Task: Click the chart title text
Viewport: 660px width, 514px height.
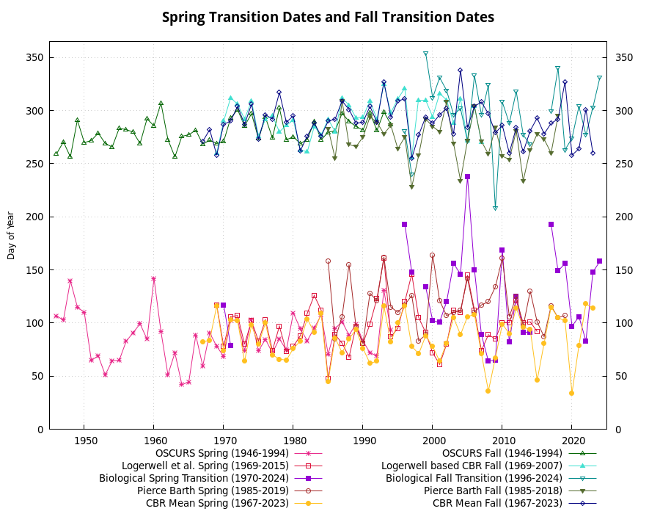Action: pos(328,17)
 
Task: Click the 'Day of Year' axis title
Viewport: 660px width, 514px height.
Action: pos(11,231)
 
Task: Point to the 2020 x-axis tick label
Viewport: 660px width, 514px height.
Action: pos(571,440)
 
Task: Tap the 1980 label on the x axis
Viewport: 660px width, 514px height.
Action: pos(293,440)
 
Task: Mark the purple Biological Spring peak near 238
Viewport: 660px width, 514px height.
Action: pos(467,177)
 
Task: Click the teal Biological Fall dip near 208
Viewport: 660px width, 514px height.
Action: pos(495,209)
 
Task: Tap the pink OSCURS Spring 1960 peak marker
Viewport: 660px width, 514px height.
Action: pos(153,279)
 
